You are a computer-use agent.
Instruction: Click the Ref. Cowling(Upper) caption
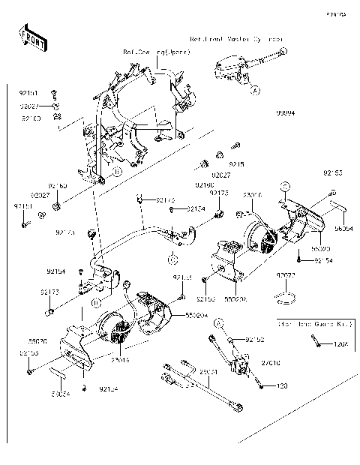(x=157, y=52)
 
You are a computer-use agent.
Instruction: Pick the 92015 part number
(x=236, y=163)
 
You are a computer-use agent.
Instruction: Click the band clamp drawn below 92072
(x=285, y=298)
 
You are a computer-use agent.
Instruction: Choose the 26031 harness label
(x=208, y=371)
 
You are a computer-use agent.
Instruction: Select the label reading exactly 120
(x=282, y=385)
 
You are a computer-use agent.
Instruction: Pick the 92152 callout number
(x=255, y=339)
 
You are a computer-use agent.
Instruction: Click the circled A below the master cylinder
(x=255, y=90)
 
